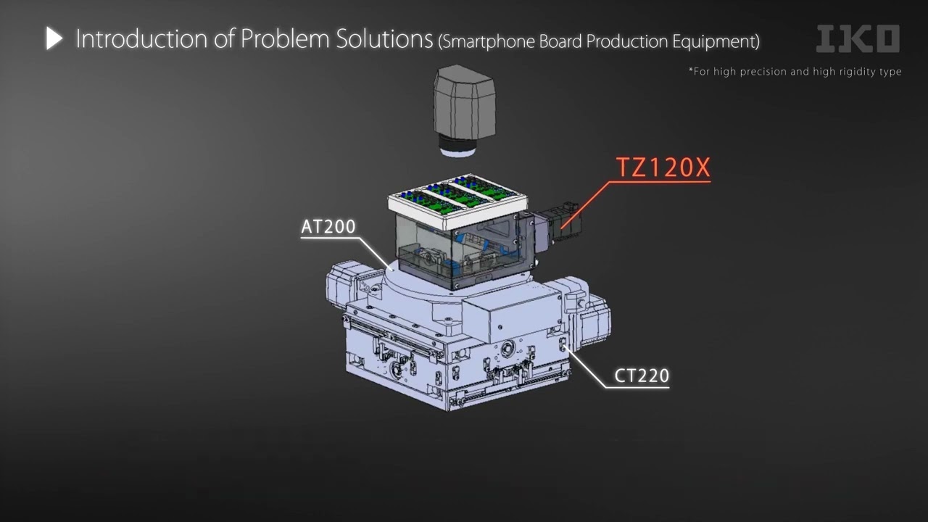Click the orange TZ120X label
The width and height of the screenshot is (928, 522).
tap(663, 167)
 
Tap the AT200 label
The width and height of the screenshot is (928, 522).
tap(328, 227)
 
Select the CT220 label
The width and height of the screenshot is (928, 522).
tap(642, 376)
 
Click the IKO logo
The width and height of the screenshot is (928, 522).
tap(858, 38)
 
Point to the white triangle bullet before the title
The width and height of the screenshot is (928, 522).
tap(54, 38)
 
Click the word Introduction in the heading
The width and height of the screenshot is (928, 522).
tap(141, 39)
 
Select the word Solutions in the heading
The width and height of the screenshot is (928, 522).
tap(384, 39)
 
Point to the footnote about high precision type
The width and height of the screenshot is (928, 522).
tap(795, 72)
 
